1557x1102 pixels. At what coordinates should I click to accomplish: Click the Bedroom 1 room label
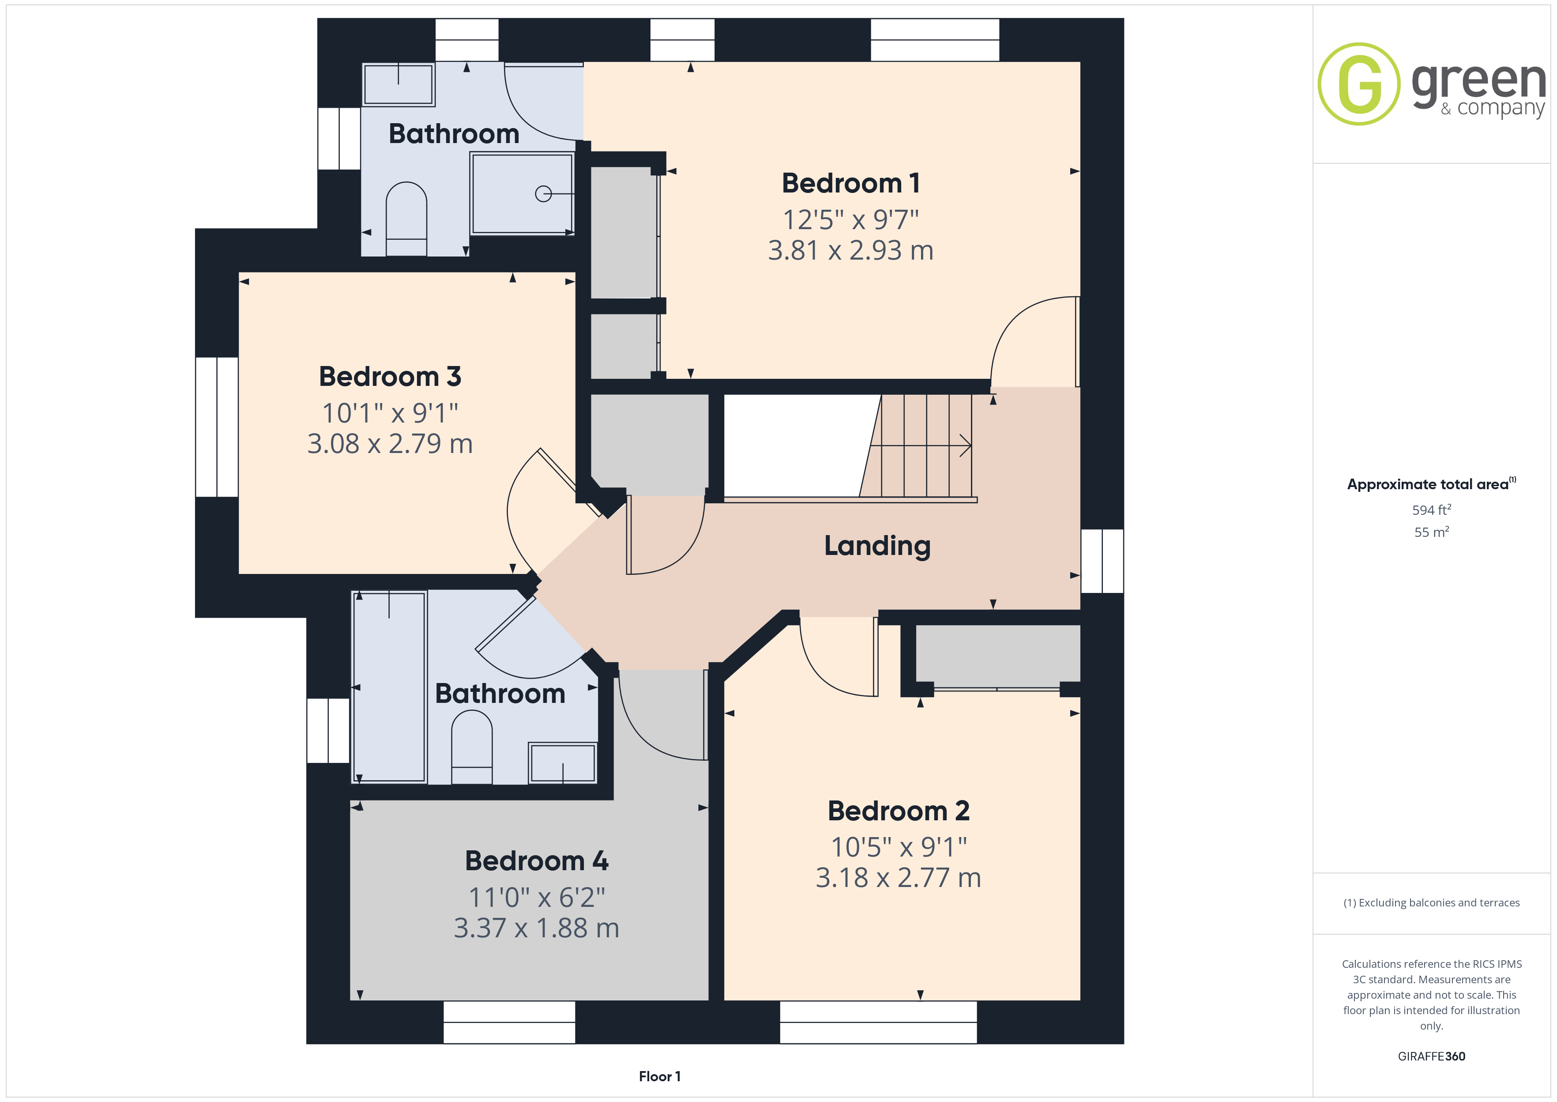point(850,183)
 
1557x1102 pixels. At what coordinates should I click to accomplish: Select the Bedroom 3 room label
point(390,377)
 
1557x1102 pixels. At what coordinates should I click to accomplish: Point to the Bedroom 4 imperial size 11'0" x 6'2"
point(536,897)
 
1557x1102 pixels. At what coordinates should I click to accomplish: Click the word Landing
point(877,546)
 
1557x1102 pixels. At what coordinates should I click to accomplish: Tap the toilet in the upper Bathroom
point(406,219)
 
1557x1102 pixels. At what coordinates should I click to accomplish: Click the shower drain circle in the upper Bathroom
point(543,194)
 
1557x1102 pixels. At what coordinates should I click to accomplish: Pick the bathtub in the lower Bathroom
point(388,687)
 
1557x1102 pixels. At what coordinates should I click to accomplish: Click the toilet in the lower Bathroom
point(471,747)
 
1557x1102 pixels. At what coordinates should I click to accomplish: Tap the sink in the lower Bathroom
point(563,763)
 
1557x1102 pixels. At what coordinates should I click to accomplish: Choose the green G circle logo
point(1358,84)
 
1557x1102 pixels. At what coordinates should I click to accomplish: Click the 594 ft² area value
point(1432,509)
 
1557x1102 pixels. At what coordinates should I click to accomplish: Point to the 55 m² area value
point(1432,532)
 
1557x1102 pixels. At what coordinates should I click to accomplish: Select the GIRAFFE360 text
point(1432,1057)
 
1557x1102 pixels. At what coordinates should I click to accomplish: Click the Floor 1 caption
point(660,1077)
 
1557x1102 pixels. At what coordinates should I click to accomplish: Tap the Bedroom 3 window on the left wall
point(217,427)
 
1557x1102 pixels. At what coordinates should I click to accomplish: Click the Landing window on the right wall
point(1102,561)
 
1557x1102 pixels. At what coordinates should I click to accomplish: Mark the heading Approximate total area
point(1428,484)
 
